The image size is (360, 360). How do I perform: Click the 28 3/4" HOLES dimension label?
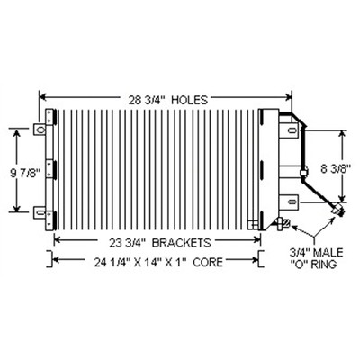pyautogui.click(x=168, y=100)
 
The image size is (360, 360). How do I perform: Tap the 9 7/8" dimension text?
pyautogui.click(x=25, y=174)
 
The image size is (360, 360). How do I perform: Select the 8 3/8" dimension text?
pyautogui.click(x=336, y=169)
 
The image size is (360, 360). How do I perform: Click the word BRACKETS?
pyautogui.click(x=182, y=243)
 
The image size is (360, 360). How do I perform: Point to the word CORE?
pyautogui.click(x=208, y=262)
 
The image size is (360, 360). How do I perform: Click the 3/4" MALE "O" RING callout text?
pyautogui.click(x=316, y=258)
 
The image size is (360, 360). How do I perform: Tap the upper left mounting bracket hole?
pyautogui.click(x=40, y=130)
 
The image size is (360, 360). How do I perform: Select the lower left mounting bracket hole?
pyautogui.click(x=40, y=212)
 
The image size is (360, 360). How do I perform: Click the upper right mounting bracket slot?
pyautogui.click(x=291, y=130)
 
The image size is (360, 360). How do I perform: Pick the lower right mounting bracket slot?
pyautogui.click(x=291, y=202)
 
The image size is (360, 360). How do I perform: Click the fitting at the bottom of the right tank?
pyautogui.click(x=282, y=223)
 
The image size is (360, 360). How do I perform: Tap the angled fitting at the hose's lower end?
pyautogui.click(x=338, y=210)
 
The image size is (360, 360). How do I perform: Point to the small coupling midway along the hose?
pyautogui.click(x=304, y=172)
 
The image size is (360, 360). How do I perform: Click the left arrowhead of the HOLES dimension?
pyautogui.click(x=42, y=97)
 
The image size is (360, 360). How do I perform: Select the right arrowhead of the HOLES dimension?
pyautogui.click(x=289, y=97)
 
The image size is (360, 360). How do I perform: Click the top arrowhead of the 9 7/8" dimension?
pyautogui.click(x=17, y=132)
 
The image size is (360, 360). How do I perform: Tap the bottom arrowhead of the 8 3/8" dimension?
pyautogui.click(x=342, y=198)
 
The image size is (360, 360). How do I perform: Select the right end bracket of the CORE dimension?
pyautogui.click(x=261, y=258)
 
